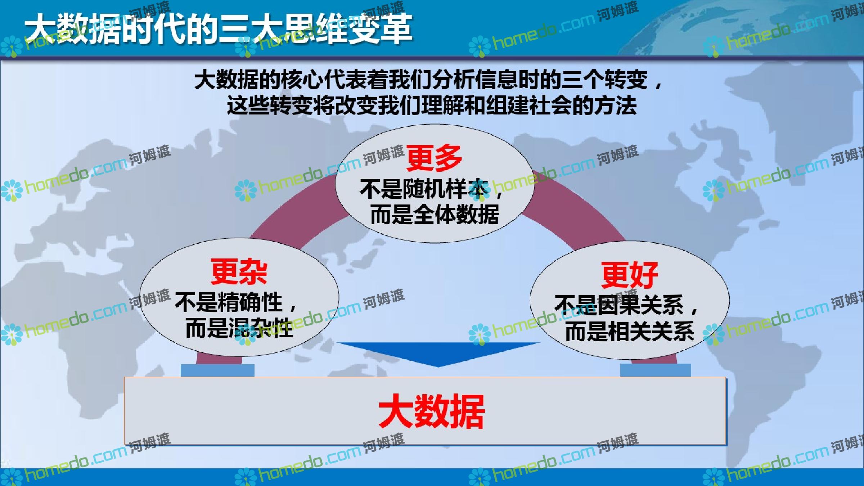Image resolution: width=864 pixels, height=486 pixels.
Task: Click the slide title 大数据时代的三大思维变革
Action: [x=219, y=29]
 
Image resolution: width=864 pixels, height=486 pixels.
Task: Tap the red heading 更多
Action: [x=434, y=158]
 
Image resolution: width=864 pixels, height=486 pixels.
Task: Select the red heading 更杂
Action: [x=239, y=271]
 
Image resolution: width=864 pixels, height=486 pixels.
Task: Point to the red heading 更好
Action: [x=630, y=275]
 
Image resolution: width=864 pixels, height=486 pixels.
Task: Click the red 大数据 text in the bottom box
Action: [x=431, y=411]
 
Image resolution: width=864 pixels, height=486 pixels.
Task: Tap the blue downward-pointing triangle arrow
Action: [x=438, y=354]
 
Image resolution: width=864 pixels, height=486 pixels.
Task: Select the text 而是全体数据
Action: [x=435, y=215]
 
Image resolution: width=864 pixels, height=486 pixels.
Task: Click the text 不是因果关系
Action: [x=619, y=305]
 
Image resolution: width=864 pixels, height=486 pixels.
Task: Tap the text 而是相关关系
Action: [x=630, y=331]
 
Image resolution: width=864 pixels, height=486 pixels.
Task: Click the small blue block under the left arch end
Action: [x=217, y=370]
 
